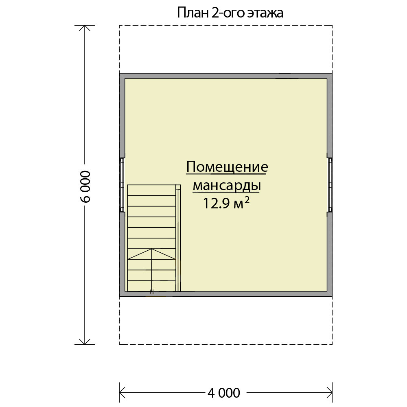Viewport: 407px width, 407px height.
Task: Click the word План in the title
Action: coord(193,13)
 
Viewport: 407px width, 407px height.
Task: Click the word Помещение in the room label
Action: coord(227,167)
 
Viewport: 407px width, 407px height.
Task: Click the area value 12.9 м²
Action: coord(226,203)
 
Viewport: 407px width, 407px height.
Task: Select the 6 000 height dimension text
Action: coord(85,186)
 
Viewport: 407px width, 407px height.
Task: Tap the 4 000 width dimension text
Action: coord(224,393)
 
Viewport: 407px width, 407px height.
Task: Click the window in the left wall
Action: coord(122,185)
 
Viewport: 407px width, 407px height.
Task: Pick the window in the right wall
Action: coord(330,185)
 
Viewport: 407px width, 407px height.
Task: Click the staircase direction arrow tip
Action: coord(151,249)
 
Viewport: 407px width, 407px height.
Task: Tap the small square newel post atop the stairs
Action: coord(178,187)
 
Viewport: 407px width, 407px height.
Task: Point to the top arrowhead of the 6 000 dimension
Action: coord(85,26)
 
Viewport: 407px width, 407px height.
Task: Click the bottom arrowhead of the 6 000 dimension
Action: coord(85,344)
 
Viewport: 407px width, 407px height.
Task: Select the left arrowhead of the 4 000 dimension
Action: coord(120,393)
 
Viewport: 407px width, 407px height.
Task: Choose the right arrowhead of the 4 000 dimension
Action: coord(332,393)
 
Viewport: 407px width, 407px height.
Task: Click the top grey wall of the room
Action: coord(226,76)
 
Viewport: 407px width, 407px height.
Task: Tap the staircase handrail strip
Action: coord(178,241)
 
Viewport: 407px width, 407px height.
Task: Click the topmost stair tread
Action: coord(151,190)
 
